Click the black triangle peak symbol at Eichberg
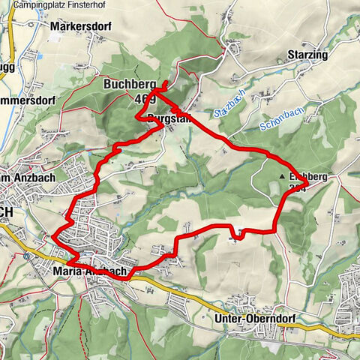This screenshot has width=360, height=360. (282, 177)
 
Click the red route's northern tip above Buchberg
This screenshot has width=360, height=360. (165, 82)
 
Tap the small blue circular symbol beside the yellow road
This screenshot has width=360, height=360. (28, 256)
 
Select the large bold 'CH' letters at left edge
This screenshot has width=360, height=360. (6, 213)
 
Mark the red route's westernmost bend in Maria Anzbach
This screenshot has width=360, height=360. (54, 238)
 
